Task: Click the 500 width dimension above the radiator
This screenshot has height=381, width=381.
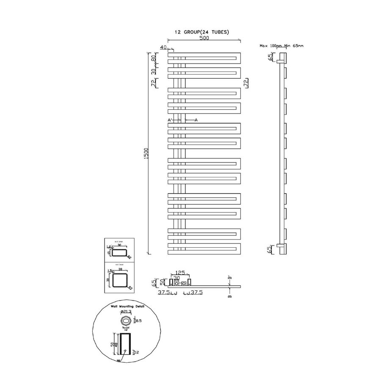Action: (204, 38)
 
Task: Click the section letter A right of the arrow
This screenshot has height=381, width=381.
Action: (196, 120)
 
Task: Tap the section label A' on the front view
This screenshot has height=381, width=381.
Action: (170, 120)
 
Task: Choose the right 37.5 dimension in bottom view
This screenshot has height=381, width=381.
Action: (196, 292)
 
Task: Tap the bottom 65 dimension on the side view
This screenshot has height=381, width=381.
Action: (270, 250)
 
